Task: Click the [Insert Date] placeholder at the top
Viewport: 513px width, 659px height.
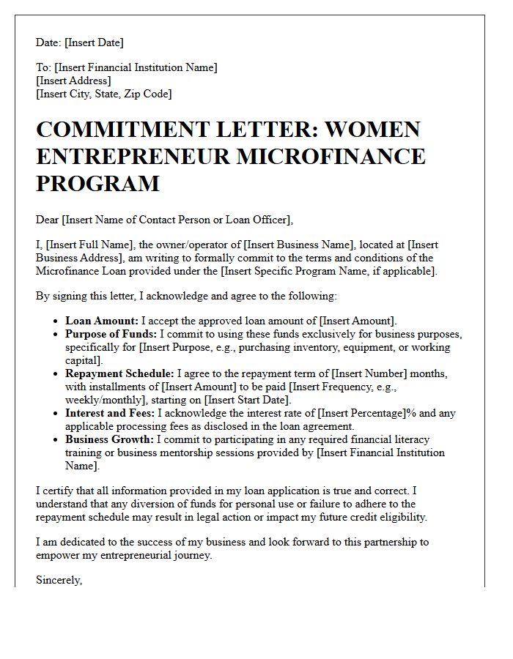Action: point(95,42)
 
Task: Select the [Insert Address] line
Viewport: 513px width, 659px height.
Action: point(73,81)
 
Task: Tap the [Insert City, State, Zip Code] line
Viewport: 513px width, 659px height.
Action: point(103,94)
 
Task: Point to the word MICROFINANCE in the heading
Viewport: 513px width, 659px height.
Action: point(336,156)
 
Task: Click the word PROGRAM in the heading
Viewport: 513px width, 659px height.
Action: point(97,183)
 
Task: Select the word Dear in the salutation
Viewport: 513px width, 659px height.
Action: point(48,219)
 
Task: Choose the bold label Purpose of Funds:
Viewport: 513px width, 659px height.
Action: point(109,334)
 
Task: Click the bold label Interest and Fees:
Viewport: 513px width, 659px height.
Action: point(110,413)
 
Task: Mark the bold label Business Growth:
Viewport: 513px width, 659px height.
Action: point(108,439)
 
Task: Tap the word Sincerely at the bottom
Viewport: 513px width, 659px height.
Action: point(59,580)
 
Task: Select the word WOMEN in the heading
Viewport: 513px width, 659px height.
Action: point(373,130)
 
